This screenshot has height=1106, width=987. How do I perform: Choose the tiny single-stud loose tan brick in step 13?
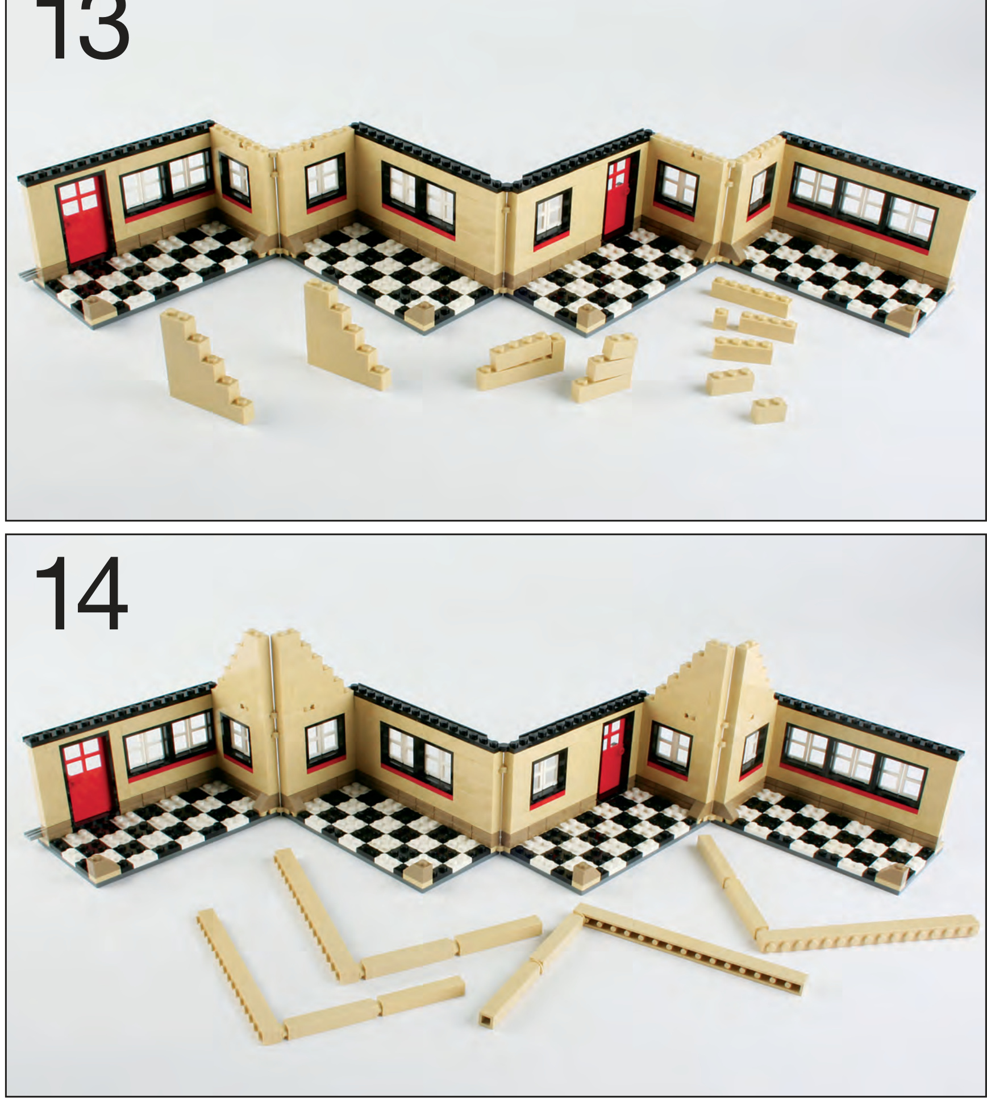tap(720, 319)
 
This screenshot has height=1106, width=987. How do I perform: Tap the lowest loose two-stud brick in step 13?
tap(769, 410)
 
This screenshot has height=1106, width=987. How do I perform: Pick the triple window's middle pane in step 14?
tap(853, 765)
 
